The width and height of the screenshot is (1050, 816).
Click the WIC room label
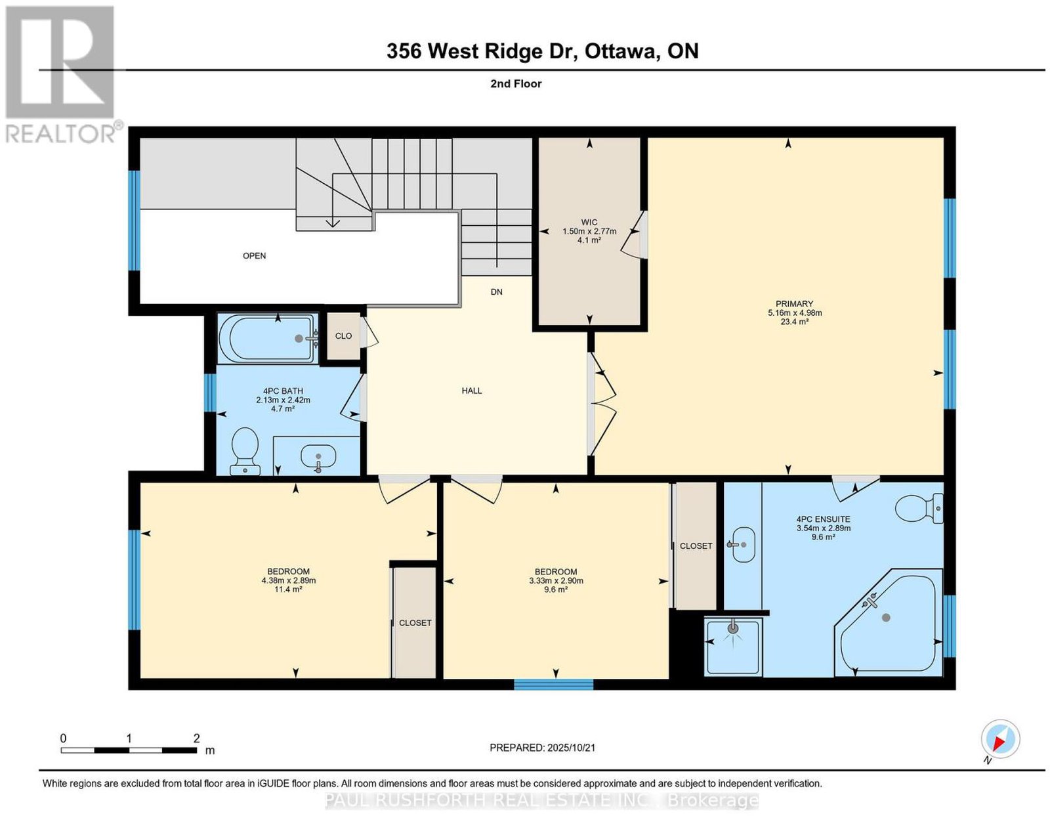[x=589, y=223]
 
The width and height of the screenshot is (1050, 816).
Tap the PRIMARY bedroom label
[x=794, y=304]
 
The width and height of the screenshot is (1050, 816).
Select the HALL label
[x=472, y=391]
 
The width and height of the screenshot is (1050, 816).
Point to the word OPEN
[x=254, y=255]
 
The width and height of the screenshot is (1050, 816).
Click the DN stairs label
[x=496, y=292]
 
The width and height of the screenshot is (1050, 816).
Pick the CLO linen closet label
[x=344, y=336]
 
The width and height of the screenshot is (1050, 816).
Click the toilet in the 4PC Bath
[x=245, y=451]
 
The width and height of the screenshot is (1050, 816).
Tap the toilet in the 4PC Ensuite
[x=919, y=508]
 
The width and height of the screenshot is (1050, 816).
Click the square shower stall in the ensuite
[x=733, y=647]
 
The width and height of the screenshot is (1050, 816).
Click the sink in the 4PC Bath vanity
[x=318, y=456]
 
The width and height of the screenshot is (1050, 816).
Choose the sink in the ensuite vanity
[x=743, y=545]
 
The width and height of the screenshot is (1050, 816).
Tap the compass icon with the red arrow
[x=1001, y=752]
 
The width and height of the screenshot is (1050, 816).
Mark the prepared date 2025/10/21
[x=571, y=748]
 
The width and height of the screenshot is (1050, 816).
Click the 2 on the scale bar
[x=196, y=739]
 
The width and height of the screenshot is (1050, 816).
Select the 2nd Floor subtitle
[x=516, y=83]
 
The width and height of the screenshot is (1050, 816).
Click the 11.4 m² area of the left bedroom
[x=289, y=590]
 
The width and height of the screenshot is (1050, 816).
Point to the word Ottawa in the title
[x=619, y=52]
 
